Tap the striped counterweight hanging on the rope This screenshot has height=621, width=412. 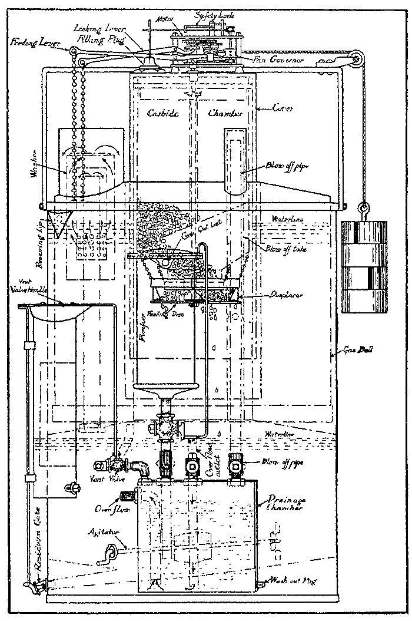pyautogui.click(x=365, y=266)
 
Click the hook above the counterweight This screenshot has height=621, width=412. pyautogui.click(x=362, y=207)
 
